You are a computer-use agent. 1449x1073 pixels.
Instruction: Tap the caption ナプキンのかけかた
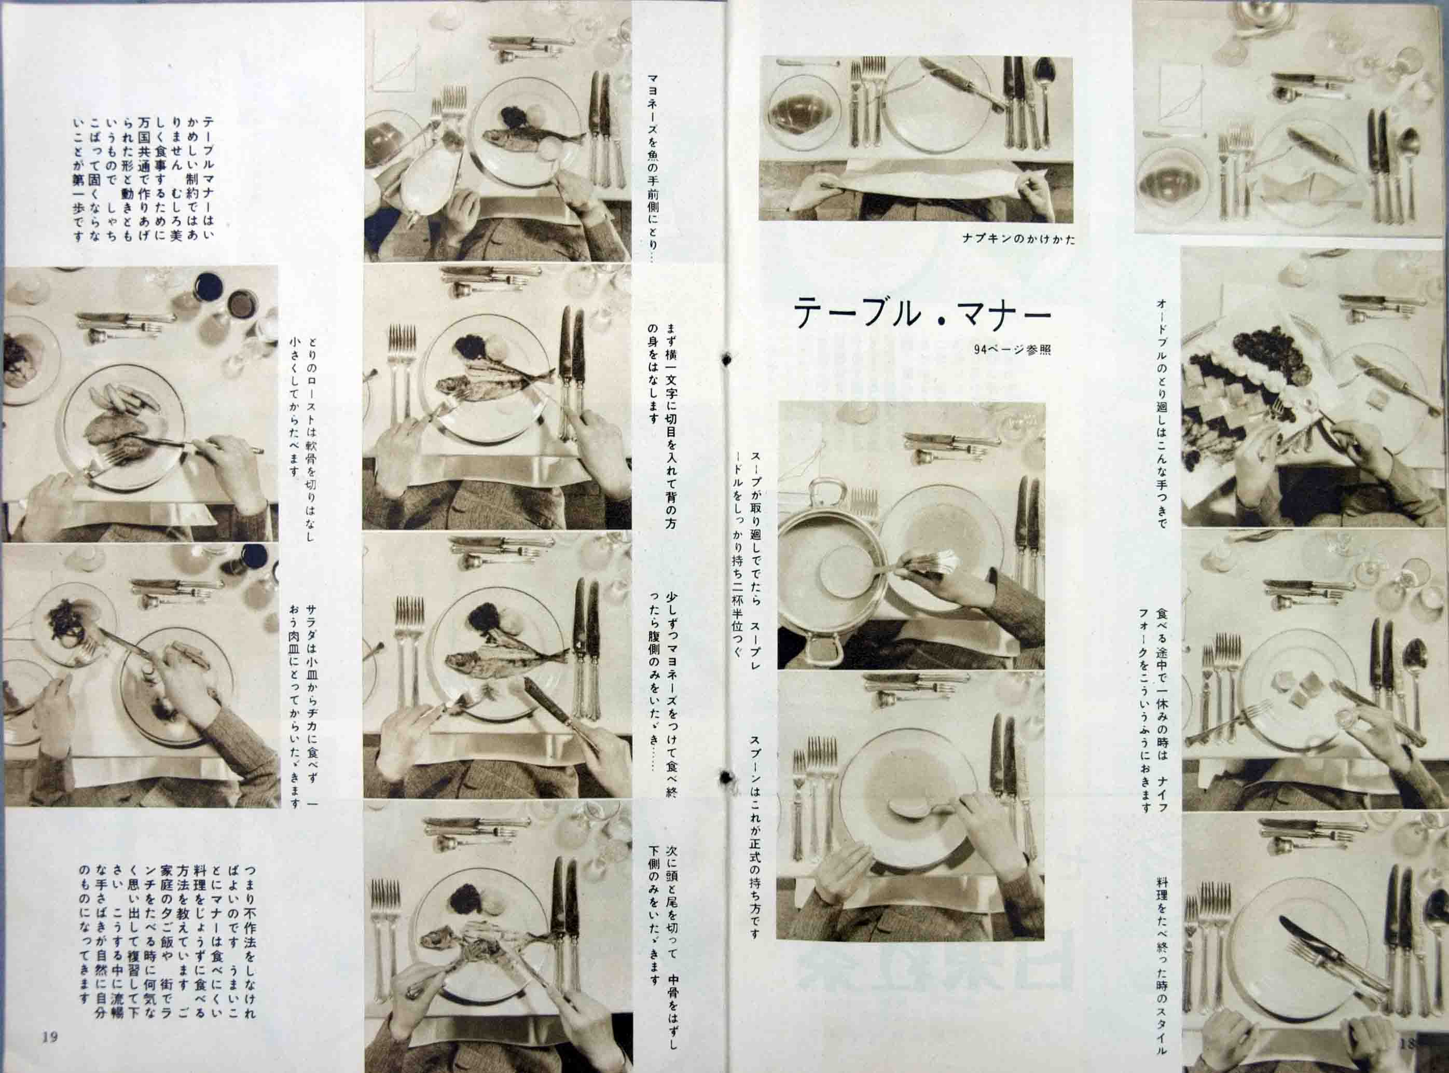coord(1018,240)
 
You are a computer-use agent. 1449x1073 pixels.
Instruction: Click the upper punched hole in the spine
coord(727,359)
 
